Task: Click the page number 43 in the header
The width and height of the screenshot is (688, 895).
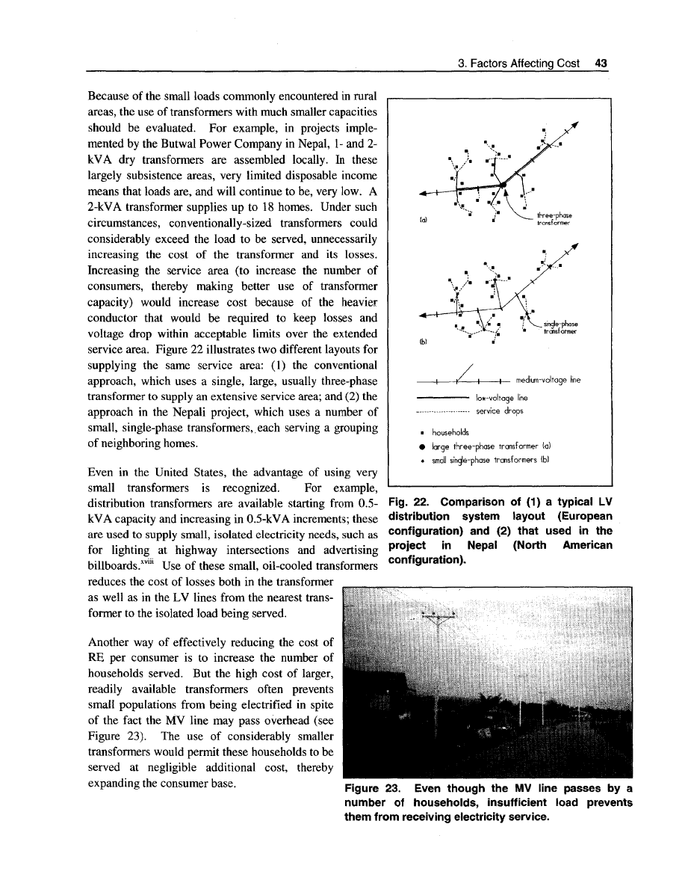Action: point(600,64)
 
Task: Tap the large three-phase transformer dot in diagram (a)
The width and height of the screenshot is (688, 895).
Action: point(504,182)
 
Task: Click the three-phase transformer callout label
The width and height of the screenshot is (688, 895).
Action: point(554,218)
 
